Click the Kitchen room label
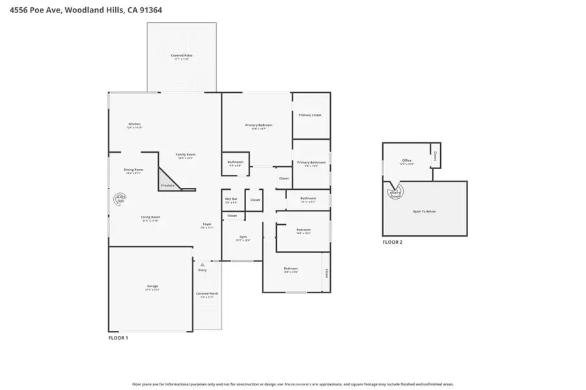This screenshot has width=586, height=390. click(x=134, y=124)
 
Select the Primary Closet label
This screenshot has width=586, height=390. click(x=310, y=115)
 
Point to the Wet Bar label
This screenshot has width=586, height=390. click(x=231, y=199)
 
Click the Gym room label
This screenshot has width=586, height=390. click(x=243, y=237)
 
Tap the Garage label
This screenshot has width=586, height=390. click(x=152, y=287)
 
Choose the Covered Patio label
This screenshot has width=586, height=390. click(x=182, y=56)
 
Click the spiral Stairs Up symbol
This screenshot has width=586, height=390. click(x=120, y=199)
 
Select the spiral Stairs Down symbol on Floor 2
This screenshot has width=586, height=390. click(x=396, y=192)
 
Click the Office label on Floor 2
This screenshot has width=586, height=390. click(x=406, y=161)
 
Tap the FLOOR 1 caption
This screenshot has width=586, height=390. click(x=118, y=338)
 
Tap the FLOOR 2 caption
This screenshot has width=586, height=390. click(x=393, y=242)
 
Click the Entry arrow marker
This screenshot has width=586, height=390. click(x=202, y=265)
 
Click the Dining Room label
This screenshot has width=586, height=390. click(x=133, y=170)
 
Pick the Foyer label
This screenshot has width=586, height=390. click(x=206, y=224)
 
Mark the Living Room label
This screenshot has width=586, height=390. click(x=151, y=217)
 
